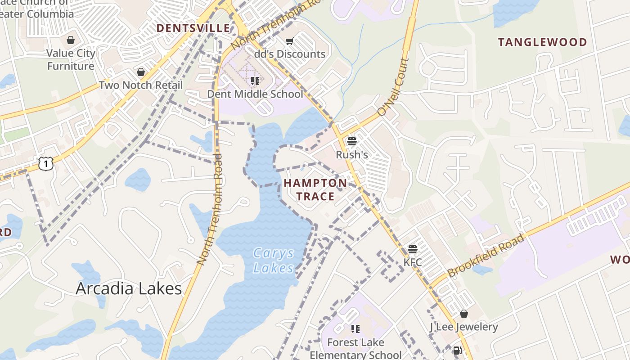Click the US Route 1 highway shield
tap(45, 164)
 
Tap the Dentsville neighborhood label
tap(193, 28)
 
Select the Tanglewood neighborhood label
tap(542, 42)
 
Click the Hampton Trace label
tap(315, 189)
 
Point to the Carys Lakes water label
tap(273, 261)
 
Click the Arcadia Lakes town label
tap(129, 288)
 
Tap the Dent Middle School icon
tap(255, 81)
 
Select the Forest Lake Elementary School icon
tap(355, 329)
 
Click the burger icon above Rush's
tap(352, 141)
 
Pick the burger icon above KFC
tap(413, 249)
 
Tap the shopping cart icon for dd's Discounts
tap(289, 41)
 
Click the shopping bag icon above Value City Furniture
tap(71, 40)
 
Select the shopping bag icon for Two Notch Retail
tap(141, 72)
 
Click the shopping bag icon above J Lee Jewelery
tap(464, 313)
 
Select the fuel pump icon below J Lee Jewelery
tap(457, 350)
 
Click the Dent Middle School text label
tap(255, 94)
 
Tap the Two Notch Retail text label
tap(141, 85)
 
